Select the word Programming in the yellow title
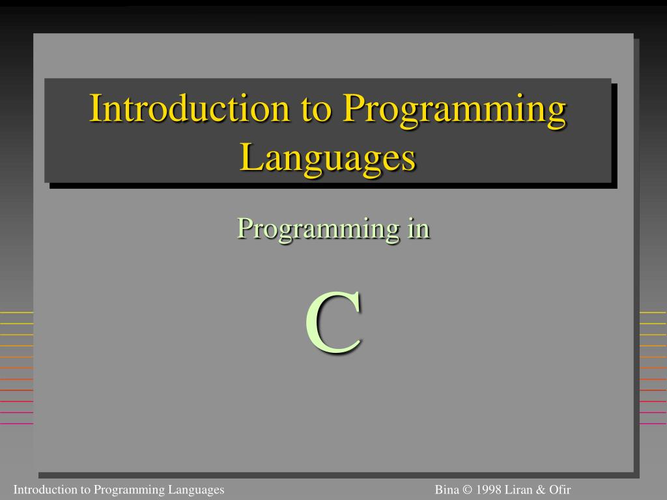[x=454, y=109]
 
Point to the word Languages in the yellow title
[x=328, y=158]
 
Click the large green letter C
[x=333, y=324]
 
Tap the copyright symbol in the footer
[x=467, y=490]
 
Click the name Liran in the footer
[x=518, y=490]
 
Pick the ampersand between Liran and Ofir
[x=540, y=490]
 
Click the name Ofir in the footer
[x=559, y=490]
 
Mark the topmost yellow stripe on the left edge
[x=16, y=313]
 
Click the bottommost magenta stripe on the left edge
[x=16, y=423]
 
